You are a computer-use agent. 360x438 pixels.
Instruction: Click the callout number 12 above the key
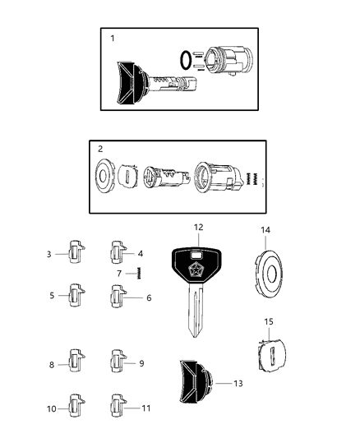[x=197, y=228]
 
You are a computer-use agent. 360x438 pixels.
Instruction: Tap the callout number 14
[x=265, y=231]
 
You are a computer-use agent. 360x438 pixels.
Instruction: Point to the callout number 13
[x=239, y=383]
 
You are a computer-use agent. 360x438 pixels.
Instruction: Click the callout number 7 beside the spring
[x=120, y=273]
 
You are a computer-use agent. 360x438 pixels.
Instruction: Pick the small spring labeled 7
[x=139, y=273]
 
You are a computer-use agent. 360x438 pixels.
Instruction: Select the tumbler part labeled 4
[x=118, y=253]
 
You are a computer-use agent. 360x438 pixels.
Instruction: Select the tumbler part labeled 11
[x=118, y=405]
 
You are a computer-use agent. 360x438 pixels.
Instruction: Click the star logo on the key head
[x=198, y=268]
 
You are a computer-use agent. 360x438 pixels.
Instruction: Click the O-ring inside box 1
[x=187, y=61]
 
